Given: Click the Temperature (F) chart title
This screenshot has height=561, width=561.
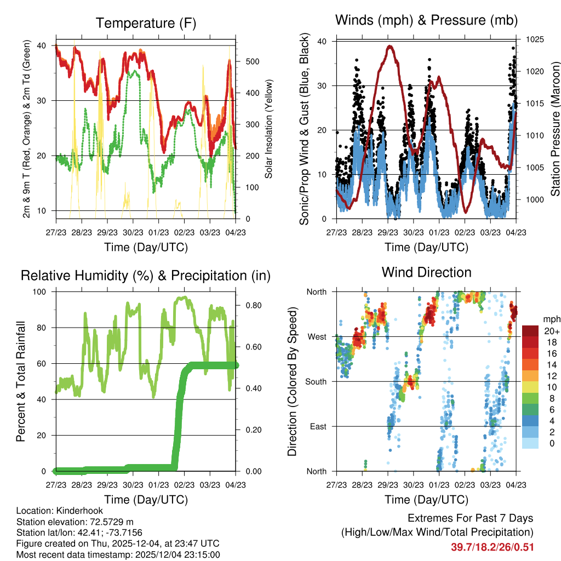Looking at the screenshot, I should (x=145, y=23).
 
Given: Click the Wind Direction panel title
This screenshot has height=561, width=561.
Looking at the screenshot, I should (x=426, y=272).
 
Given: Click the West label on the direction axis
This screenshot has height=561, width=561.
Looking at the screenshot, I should (x=317, y=336).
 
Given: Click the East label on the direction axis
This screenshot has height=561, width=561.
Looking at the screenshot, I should (x=318, y=426).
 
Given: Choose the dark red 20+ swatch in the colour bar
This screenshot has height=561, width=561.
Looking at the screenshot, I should (x=531, y=331).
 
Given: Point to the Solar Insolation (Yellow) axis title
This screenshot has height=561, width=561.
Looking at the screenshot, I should (x=269, y=129).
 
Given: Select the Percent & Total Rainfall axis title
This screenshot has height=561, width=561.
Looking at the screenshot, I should (x=21, y=381).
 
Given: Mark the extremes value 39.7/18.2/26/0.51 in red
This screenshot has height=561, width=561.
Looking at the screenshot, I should (x=492, y=547).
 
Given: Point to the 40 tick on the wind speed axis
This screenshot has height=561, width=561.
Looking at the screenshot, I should (x=322, y=41).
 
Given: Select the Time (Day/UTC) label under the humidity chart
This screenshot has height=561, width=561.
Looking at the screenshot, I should (x=145, y=499).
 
